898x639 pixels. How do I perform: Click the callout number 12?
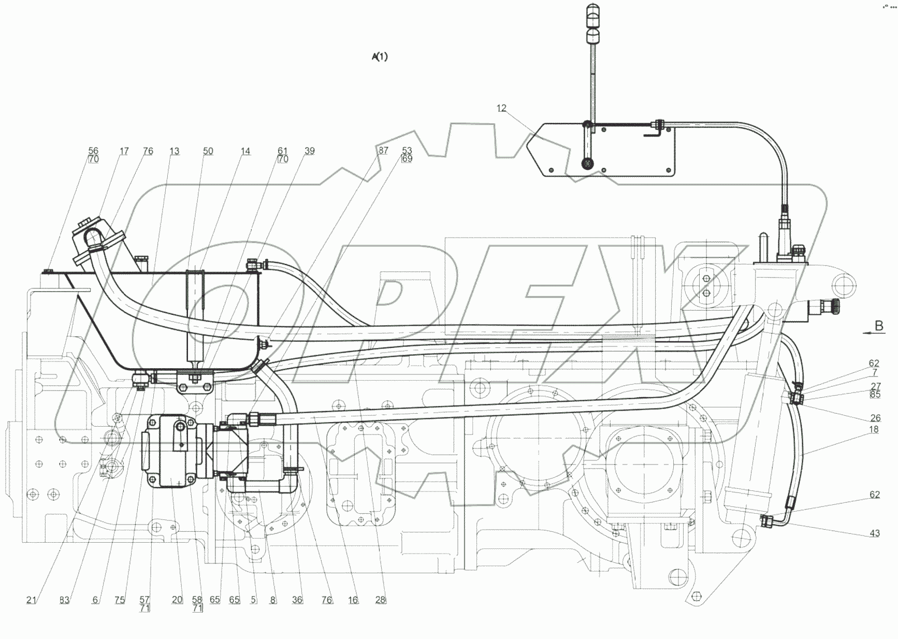[x=501, y=108]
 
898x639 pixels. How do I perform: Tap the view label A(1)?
[x=380, y=57]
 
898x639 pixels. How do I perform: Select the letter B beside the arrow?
[x=879, y=326]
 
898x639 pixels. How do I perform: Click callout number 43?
[x=875, y=533]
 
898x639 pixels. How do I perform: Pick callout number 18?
[x=874, y=429]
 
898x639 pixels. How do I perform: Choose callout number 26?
[x=875, y=418]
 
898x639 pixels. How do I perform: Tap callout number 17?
[x=124, y=151]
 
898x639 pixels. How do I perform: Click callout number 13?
[x=174, y=151]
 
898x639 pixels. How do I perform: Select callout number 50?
[x=208, y=151]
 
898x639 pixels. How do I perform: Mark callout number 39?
[x=309, y=151]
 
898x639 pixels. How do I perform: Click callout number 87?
[x=383, y=151]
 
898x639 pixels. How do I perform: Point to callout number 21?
[x=32, y=600]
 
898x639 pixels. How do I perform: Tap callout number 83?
[x=64, y=600]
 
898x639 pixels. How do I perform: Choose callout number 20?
[x=177, y=600]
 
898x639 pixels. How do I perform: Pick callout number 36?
[x=297, y=600]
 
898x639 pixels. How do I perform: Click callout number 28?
[x=381, y=600]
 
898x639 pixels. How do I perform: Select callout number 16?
[x=353, y=600]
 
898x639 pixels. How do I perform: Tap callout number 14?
[x=245, y=151]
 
